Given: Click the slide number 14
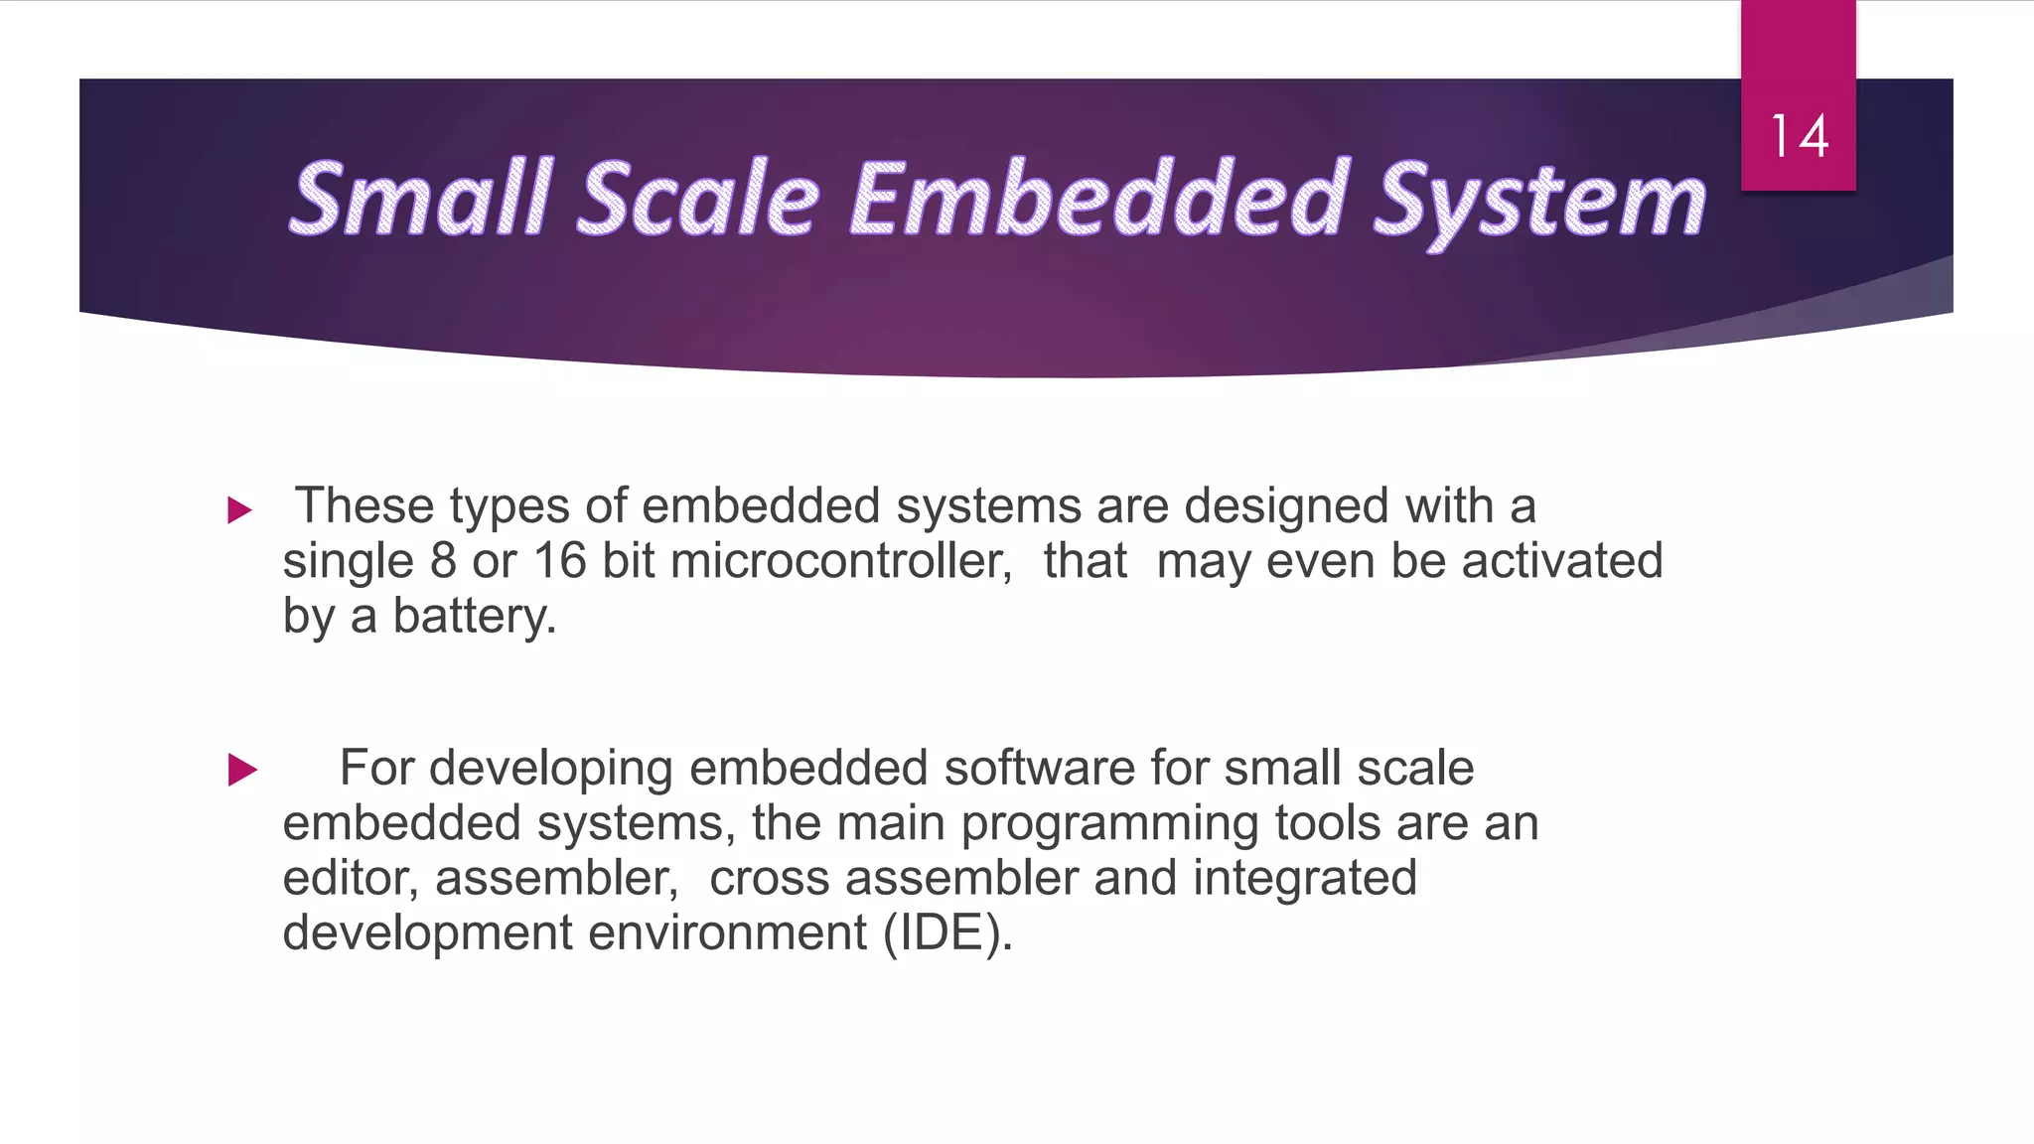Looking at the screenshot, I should tap(1799, 137).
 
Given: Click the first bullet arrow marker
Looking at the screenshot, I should tap(239, 510).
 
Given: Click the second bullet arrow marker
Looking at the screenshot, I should tap(242, 770).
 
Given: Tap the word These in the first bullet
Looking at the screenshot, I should tap(364, 506).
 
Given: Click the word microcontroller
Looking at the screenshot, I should tap(840, 561).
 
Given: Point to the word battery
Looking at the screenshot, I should tap(474, 617).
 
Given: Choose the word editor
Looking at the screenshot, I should tap(352, 879).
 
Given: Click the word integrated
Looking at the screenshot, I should tap(1304, 879).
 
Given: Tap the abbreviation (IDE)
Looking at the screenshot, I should tap(947, 933).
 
